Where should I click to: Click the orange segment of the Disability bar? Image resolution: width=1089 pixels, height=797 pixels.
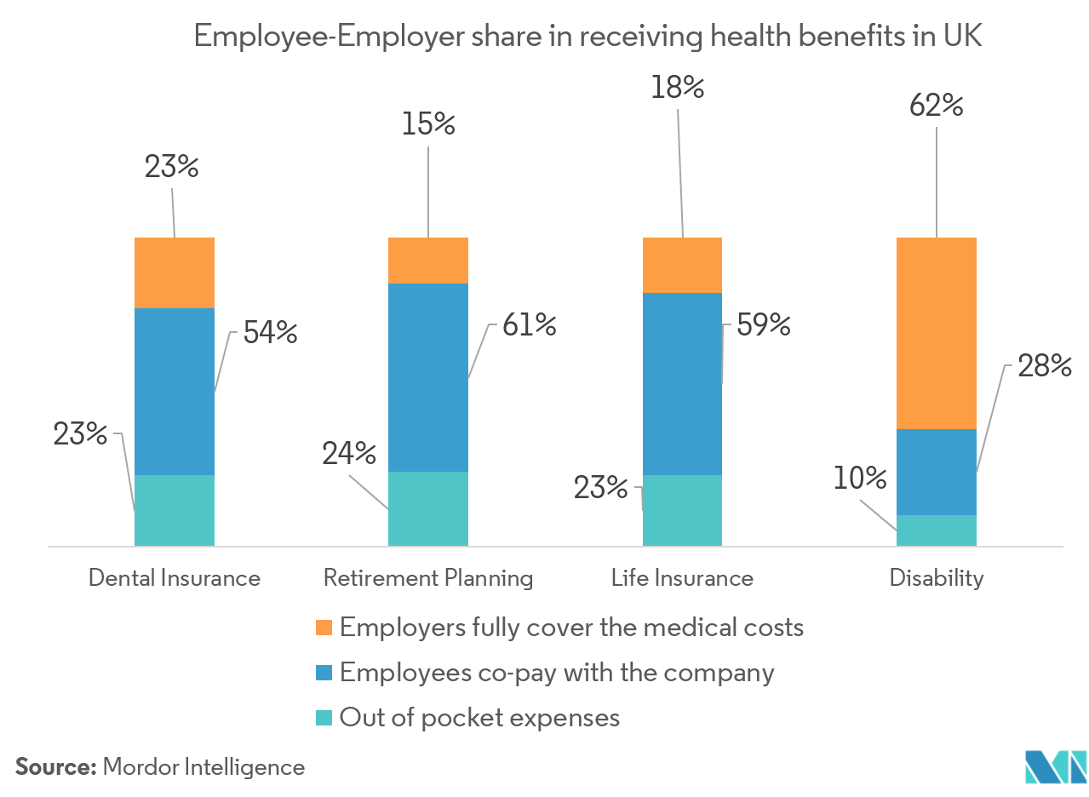(x=937, y=333)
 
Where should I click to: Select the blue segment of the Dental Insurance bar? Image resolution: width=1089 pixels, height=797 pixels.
(x=175, y=391)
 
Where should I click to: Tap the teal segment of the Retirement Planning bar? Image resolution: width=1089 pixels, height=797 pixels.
(x=428, y=507)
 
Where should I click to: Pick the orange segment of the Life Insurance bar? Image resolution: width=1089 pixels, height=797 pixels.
(x=682, y=265)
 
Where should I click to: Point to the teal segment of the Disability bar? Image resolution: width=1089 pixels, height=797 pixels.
(x=937, y=530)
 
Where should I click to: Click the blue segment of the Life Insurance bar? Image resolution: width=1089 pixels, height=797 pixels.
(x=682, y=383)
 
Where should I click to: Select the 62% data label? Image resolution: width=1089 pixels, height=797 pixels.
(x=935, y=108)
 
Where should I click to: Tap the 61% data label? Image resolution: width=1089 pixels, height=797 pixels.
(x=528, y=324)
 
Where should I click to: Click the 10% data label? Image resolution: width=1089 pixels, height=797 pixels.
(x=861, y=479)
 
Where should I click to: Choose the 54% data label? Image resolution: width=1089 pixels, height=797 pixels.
(x=271, y=331)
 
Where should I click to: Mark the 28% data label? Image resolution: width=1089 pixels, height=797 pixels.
(x=1043, y=366)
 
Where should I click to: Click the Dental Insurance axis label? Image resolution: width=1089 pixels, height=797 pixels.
(x=175, y=578)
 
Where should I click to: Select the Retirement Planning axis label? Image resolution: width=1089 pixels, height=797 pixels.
(x=428, y=578)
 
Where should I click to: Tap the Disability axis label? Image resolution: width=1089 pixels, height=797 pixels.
(x=937, y=578)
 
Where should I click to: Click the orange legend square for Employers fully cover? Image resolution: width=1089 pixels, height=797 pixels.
(x=324, y=628)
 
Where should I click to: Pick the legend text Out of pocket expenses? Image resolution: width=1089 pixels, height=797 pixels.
(x=479, y=717)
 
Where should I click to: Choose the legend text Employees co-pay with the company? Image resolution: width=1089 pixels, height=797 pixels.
(x=557, y=673)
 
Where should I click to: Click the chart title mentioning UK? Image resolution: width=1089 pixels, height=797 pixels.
(x=588, y=37)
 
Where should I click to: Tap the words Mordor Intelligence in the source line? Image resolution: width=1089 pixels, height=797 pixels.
(x=203, y=767)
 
